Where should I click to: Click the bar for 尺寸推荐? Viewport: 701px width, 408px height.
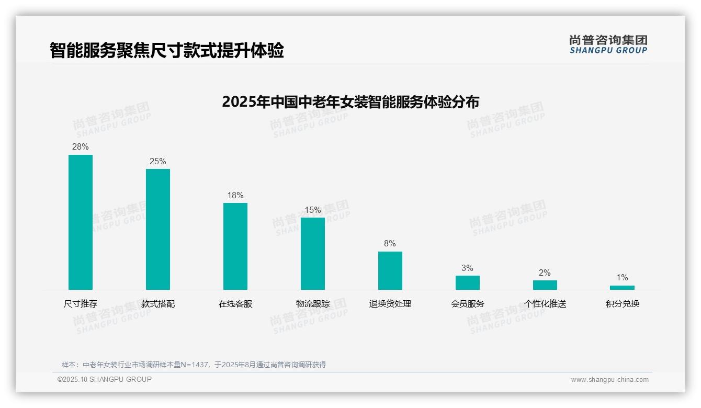tap(81, 222)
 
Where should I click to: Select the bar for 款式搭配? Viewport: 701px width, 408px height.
tap(158, 229)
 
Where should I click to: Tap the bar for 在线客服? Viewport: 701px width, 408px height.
tap(235, 246)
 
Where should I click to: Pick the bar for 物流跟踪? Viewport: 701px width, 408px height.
tap(313, 254)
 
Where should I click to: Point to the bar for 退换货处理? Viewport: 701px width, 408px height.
tap(390, 270)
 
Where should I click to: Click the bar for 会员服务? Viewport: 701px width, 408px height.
tap(468, 282)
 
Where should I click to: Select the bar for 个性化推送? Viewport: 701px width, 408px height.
tap(545, 285)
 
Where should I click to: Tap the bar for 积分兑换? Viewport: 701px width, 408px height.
tap(622, 288)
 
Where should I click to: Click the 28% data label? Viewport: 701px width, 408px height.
tap(81, 147)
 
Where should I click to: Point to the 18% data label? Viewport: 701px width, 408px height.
tap(235, 196)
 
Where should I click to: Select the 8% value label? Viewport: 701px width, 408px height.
tap(390, 244)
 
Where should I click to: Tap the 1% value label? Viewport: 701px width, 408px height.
tap(622, 278)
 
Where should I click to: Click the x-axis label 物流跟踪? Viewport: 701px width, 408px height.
tap(313, 304)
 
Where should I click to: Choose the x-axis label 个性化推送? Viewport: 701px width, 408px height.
tap(545, 304)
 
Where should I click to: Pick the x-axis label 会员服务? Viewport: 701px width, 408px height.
tap(468, 304)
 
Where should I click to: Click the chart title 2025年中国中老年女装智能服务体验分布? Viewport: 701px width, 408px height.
tap(350, 102)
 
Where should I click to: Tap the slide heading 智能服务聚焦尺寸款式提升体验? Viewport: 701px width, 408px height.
tap(167, 51)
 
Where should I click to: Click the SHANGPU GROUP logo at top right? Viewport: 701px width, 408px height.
tap(608, 44)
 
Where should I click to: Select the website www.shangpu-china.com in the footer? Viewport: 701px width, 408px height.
tap(609, 380)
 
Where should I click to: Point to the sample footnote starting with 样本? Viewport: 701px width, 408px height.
tap(194, 365)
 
